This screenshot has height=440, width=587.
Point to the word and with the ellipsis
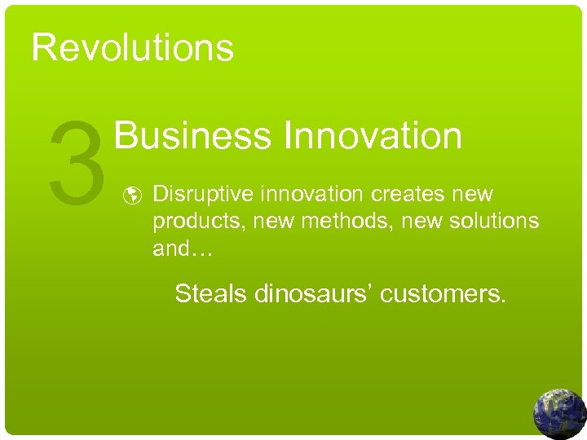point(182,249)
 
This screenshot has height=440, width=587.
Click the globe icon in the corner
point(560,413)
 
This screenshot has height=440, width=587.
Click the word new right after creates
point(471,196)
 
